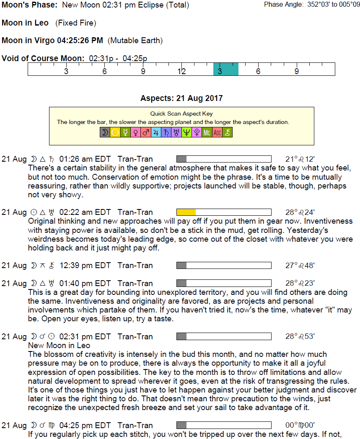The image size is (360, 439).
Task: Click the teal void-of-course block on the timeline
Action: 225,69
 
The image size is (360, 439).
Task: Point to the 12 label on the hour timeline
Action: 181,71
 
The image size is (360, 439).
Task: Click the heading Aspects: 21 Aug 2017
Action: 181,98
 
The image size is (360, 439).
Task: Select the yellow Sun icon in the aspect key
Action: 115,133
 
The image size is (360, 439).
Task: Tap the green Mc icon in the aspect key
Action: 207,133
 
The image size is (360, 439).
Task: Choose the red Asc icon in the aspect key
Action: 217,133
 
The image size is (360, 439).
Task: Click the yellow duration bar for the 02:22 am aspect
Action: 186,212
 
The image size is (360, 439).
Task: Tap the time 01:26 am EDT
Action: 85,159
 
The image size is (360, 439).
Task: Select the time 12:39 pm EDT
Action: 85,266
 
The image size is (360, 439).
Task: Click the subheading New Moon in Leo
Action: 59,346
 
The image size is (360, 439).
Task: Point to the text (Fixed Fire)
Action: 76,23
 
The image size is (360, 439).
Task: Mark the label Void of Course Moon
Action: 43,58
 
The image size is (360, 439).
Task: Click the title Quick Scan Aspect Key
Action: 181,114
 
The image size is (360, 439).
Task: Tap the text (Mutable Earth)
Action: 135,41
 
